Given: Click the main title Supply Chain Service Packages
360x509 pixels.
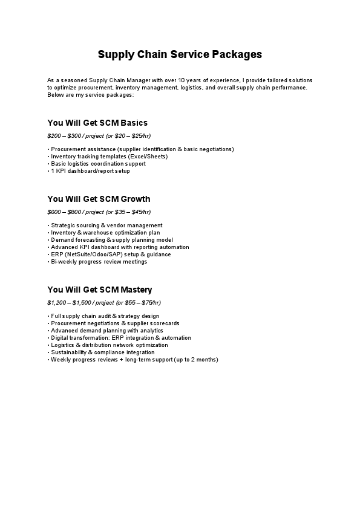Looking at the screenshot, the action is point(180,54).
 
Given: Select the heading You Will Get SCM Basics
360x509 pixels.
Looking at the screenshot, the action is point(97,123).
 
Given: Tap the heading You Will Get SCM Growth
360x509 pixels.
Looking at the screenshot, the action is point(99,199).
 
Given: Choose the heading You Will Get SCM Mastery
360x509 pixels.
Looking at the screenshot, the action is point(100,290).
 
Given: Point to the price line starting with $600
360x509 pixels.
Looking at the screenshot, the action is point(99,212).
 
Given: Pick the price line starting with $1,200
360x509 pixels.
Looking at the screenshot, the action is point(104,302).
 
